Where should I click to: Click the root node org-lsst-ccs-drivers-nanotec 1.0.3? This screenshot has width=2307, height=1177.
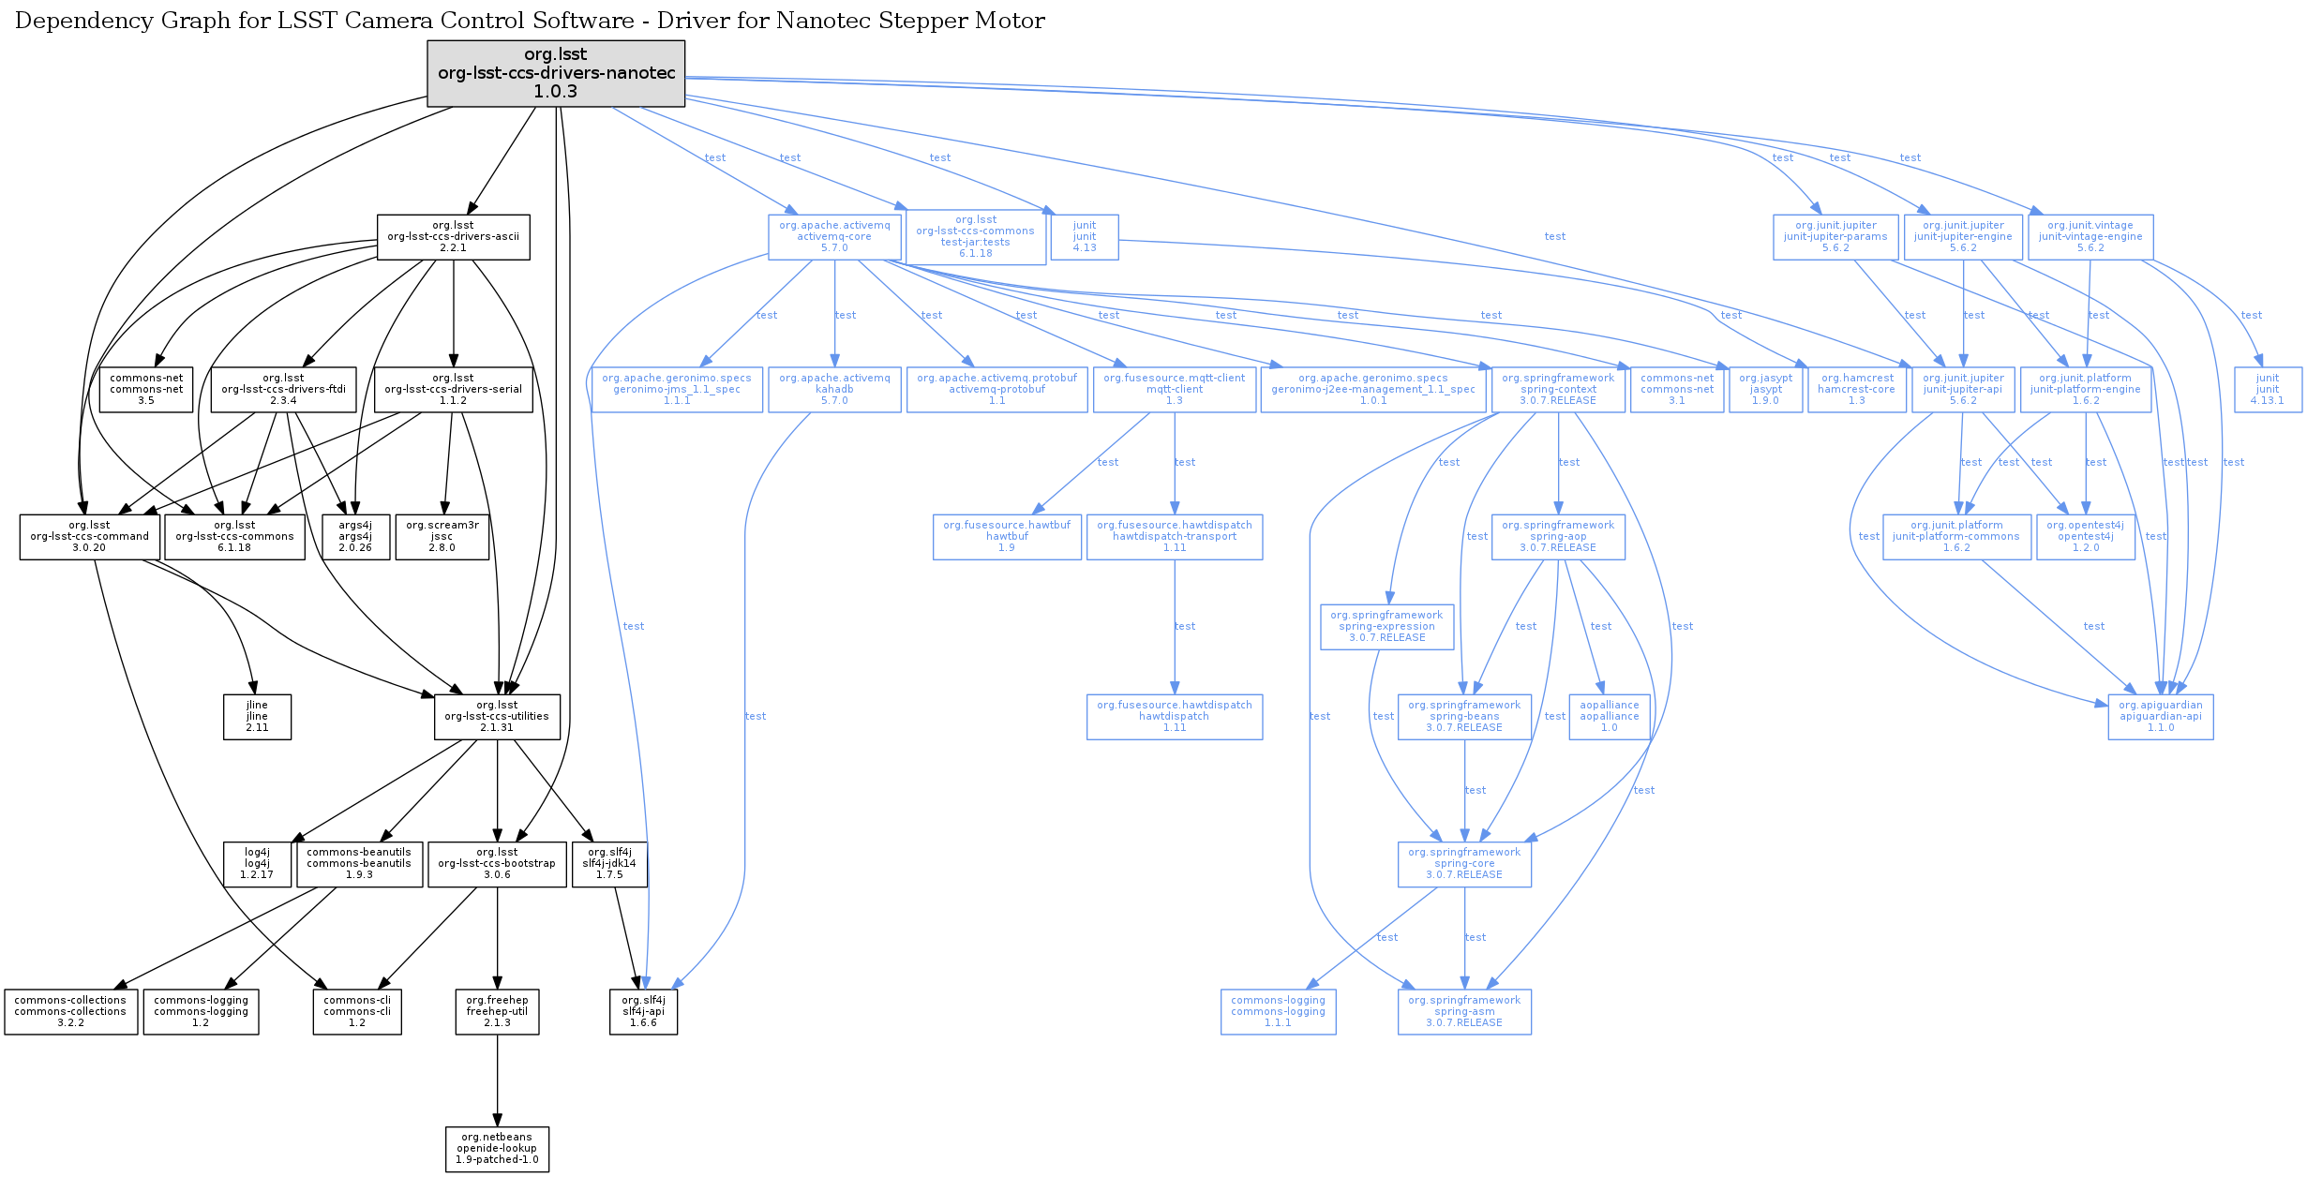556,73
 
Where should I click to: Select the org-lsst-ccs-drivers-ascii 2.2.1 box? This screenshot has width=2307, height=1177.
453,237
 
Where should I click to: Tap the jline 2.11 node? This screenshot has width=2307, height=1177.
257,717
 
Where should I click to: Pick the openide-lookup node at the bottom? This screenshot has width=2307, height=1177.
497,1149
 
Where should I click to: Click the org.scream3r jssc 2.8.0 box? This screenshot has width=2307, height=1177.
442,537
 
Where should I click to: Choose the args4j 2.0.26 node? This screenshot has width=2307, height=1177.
355,537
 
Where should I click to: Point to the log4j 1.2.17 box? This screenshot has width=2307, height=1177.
257,864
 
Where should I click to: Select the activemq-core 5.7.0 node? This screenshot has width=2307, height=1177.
834,237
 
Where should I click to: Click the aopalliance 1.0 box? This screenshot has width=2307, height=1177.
1610,717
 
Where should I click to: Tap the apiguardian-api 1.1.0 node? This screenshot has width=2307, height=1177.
2161,717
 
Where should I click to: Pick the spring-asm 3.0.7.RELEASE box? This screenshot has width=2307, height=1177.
1464,1012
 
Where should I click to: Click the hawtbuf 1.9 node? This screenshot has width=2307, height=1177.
1007,537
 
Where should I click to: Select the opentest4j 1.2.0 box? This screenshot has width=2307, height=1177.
2086,537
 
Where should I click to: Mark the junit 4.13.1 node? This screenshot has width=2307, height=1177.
2268,390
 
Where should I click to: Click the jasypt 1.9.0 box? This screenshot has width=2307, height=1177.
1766,390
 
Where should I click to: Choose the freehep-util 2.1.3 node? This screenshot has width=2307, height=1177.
497,1012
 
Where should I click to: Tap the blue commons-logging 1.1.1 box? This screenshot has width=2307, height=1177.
1278,1012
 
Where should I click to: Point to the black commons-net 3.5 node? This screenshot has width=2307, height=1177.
146,390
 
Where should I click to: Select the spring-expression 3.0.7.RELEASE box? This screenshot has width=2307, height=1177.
1386,627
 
